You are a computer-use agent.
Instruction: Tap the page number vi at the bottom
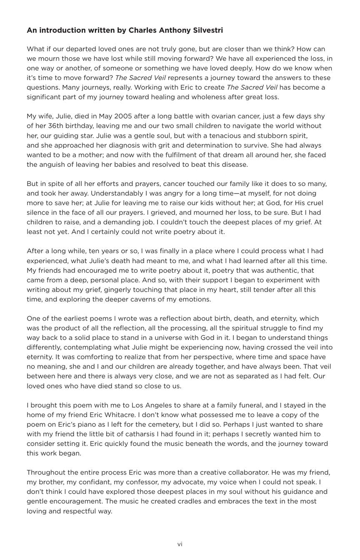pos(180,544)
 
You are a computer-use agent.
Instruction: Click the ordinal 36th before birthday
pos(63,126)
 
